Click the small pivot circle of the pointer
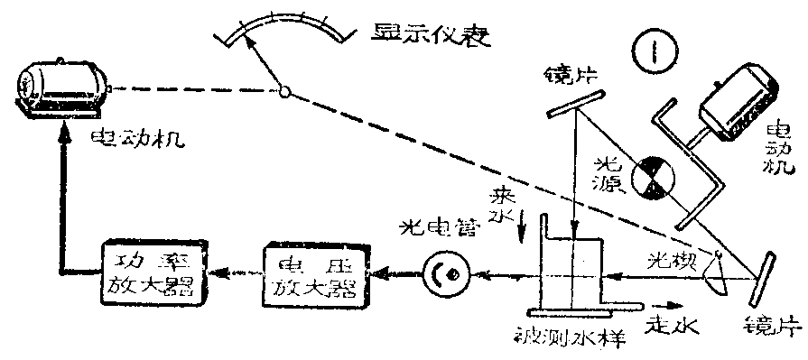[284, 91]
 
